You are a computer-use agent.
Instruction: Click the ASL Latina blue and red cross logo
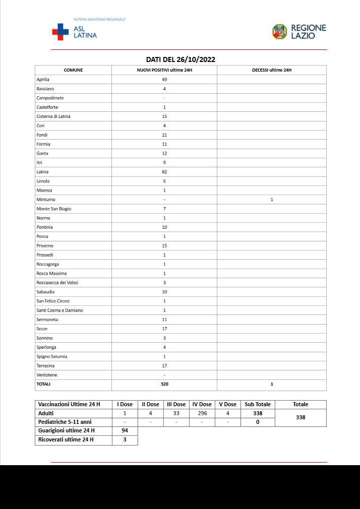[60, 32]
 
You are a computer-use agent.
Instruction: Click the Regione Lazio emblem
[279, 32]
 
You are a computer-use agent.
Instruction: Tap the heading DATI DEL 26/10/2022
[181, 59]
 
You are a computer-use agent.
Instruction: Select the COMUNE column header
[73, 70]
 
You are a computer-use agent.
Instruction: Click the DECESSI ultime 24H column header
[271, 70]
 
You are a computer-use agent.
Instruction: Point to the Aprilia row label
[43, 80]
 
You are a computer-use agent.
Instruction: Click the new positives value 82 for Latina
[164, 172]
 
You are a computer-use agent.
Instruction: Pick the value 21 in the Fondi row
[164, 135]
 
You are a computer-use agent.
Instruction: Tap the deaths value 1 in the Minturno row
[271, 200]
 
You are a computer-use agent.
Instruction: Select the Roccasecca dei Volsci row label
[57, 283]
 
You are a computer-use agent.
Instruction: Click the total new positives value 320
[164, 384]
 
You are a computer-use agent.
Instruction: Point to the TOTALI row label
[43, 384]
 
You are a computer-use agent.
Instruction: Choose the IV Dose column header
[202, 404]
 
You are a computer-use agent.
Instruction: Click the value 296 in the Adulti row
[202, 413]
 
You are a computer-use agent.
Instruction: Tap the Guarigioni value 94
[125, 431]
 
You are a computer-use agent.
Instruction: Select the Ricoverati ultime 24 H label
[66, 440]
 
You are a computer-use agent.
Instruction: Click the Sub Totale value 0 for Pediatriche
[257, 422]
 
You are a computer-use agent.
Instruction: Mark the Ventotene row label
[46, 375]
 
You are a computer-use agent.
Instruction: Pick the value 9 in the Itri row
[164, 163]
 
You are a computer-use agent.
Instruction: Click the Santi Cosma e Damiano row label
[59, 310]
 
